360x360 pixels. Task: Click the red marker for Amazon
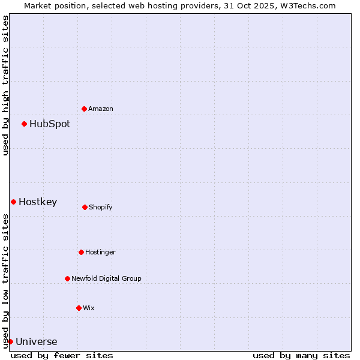(x=85, y=109)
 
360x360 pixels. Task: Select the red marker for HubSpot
(x=25, y=124)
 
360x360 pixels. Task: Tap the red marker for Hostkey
(x=13, y=202)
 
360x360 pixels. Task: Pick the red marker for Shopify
(x=85, y=207)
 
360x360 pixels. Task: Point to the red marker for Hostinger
(x=81, y=252)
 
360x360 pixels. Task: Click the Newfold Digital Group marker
(x=67, y=278)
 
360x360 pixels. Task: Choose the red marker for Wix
(x=79, y=308)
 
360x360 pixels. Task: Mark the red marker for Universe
(x=10, y=341)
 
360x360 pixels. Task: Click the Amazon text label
(x=101, y=109)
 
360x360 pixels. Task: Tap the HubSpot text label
(x=50, y=124)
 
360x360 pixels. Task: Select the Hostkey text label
(x=38, y=202)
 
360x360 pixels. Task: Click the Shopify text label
(x=101, y=207)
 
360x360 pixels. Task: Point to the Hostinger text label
(x=100, y=252)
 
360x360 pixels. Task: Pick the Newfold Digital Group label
(x=107, y=278)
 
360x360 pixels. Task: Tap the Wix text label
(x=89, y=308)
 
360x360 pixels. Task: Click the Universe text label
(x=37, y=342)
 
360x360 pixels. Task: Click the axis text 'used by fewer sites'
(x=62, y=355)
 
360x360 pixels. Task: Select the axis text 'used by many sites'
(x=301, y=355)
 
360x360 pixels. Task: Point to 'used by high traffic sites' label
(x=5, y=85)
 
